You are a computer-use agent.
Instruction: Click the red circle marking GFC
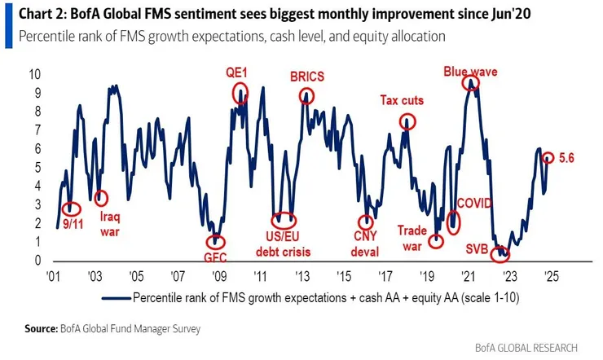(214, 241)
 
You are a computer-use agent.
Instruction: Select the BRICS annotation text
(306, 77)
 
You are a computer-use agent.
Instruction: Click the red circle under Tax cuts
(407, 121)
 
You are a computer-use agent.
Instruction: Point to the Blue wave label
(471, 71)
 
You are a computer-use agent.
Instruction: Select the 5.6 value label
(566, 158)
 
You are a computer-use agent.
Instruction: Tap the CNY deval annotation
(367, 240)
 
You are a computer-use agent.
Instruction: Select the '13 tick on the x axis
(301, 275)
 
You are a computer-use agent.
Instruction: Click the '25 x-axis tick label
(549, 275)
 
